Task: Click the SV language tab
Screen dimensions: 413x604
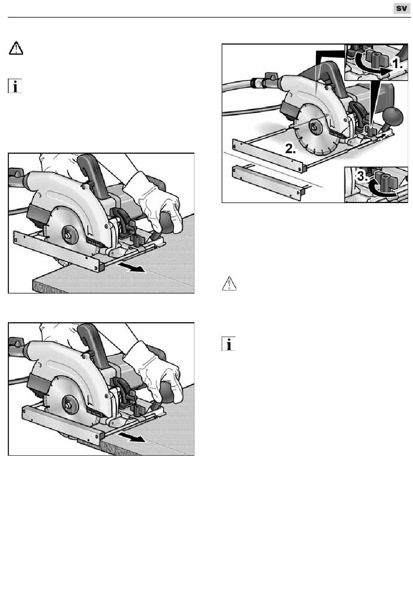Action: pos(401,8)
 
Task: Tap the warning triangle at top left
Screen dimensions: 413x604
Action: pos(16,48)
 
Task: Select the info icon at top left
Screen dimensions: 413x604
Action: pos(15,86)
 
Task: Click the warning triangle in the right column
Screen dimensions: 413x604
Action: pos(229,284)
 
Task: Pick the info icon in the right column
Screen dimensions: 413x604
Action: pos(229,344)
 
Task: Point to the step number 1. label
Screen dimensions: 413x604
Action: pos(397,64)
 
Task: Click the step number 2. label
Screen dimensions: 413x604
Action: pos(290,149)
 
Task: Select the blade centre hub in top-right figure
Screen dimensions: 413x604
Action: pos(314,126)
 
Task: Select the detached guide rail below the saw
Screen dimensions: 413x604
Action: pos(268,183)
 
